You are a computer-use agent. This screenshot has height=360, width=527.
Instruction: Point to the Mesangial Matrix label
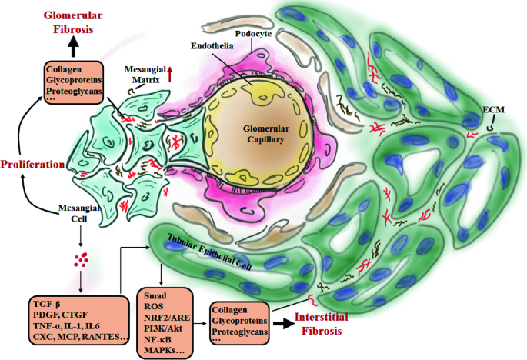click(147, 75)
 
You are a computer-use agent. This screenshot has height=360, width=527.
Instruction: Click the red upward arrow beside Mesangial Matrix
click(171, 74)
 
